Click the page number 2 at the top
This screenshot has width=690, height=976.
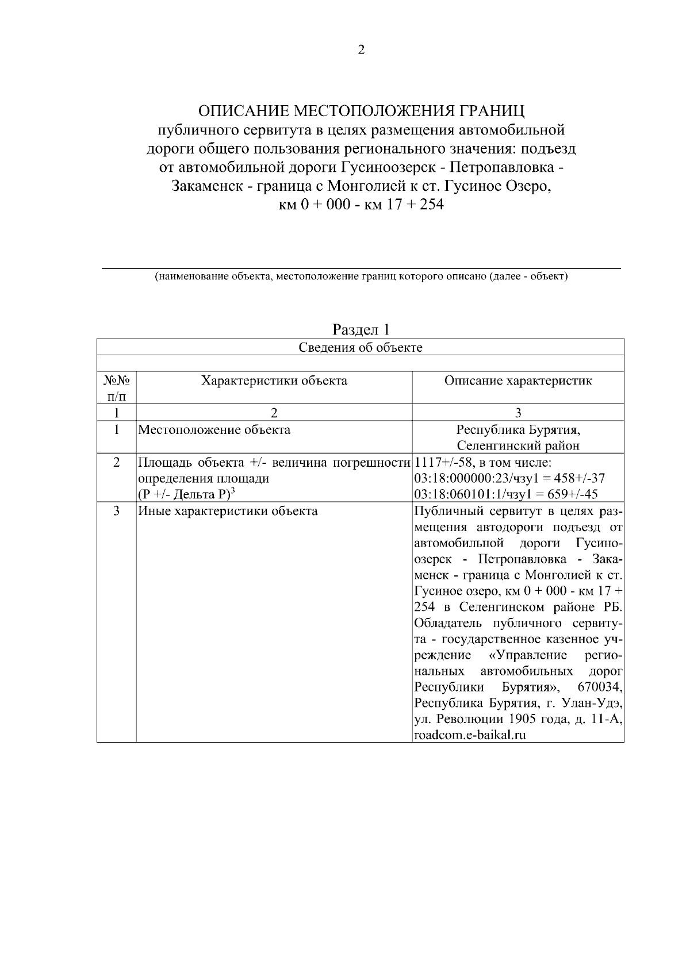point(361,50)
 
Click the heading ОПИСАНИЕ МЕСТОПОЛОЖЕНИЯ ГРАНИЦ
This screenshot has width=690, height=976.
point(361,110)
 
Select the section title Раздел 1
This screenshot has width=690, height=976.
point(361,329)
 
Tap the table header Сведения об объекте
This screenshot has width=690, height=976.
point(361,347)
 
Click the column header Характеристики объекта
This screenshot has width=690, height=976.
point(274,381)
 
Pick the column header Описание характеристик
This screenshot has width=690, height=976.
point(518,381)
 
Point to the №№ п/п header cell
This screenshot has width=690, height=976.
point(117,387)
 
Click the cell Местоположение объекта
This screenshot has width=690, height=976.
point(214,429)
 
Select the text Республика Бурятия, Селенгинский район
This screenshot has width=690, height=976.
point(518,437)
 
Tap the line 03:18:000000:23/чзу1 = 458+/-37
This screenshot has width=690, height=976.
point(509,478)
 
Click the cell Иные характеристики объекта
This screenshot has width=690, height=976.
point(228,510)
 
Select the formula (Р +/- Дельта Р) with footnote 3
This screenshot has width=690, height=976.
point(186,494)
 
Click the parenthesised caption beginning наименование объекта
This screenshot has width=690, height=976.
point(361,277)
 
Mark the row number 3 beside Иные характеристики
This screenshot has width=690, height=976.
point(117,510)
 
